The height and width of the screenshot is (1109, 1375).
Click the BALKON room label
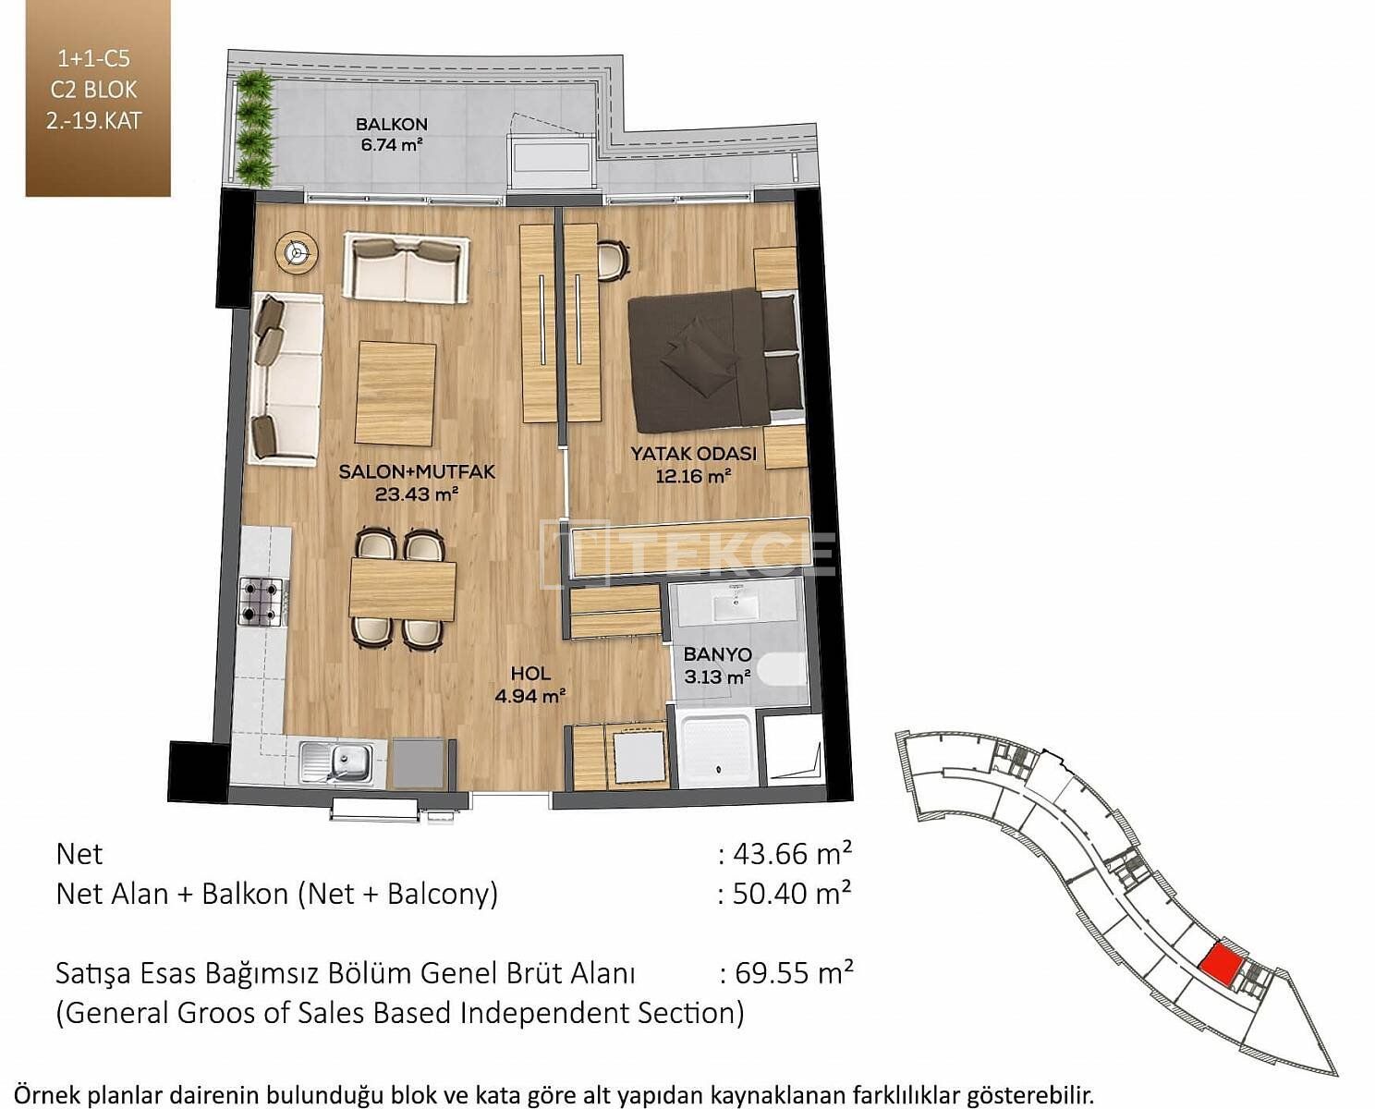tap(392, 124)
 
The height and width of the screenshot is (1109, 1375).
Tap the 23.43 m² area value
tap(417, 494)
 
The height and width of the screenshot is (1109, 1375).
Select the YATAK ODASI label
tap(693, 454)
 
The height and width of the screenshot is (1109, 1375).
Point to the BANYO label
tap(717, 654)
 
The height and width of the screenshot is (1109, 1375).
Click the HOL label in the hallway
tap(531, 674)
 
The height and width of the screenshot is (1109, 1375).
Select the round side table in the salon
tap(297, 254)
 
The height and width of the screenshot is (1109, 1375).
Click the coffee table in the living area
tap(396, 394)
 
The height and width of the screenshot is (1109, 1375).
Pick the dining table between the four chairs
tap(403, 589)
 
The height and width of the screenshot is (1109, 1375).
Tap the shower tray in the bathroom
tap(718, 752)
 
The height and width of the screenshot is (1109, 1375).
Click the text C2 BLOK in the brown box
tap(94, 91)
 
